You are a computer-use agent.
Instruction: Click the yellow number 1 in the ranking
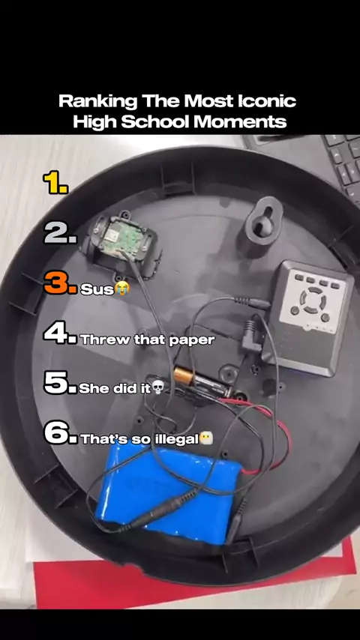click(x=55, y=183)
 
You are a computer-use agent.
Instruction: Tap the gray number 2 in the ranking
click(x=60, y=234)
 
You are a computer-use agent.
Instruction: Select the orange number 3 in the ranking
click(x=60, y=283)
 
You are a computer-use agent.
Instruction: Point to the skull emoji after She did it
click(x=157, y=387)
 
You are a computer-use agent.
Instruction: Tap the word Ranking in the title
click(x=98, y=102)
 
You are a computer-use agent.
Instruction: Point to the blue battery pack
click(x=169, y=494)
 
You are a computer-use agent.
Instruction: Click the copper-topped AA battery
click(x=199, y=381)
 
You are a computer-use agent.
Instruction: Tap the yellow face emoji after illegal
click(x=206, y=438)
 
